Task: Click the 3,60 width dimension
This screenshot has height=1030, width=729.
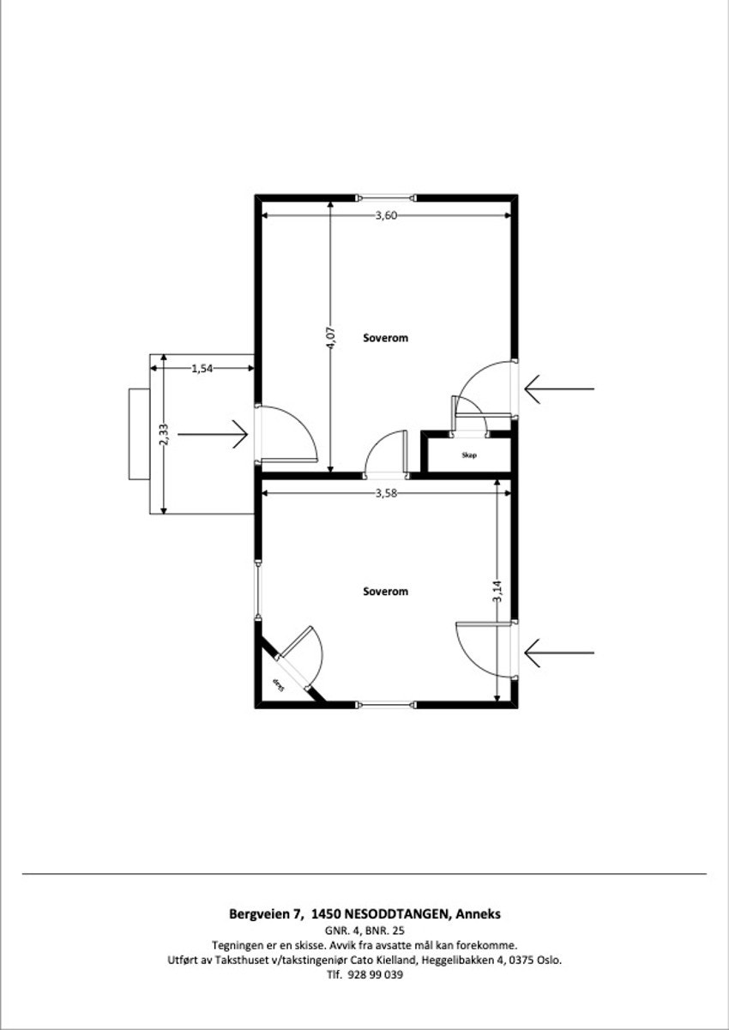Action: click(x=386, y=215)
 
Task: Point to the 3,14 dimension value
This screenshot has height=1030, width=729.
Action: click(x=497, y=593)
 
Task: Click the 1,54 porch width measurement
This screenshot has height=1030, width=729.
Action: click(x=202, y=368)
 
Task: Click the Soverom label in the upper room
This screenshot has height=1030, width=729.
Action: click(x=386, y=338)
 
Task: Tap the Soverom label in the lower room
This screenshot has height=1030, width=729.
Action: click(x=386, y=592)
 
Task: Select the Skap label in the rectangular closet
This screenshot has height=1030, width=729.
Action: click(x=468, y=455)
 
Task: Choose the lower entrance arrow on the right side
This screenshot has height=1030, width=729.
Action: click(x=558, y=653)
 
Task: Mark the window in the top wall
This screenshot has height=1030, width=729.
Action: click(x=386, y=196)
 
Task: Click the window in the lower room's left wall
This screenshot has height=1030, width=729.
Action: click(x=257, y=590)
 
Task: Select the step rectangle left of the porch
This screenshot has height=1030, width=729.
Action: click(x=138, y=434)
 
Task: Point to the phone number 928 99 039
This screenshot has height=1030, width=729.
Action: click(x=375, y=975)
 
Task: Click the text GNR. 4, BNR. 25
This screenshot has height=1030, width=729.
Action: click(x=364, y=930)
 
